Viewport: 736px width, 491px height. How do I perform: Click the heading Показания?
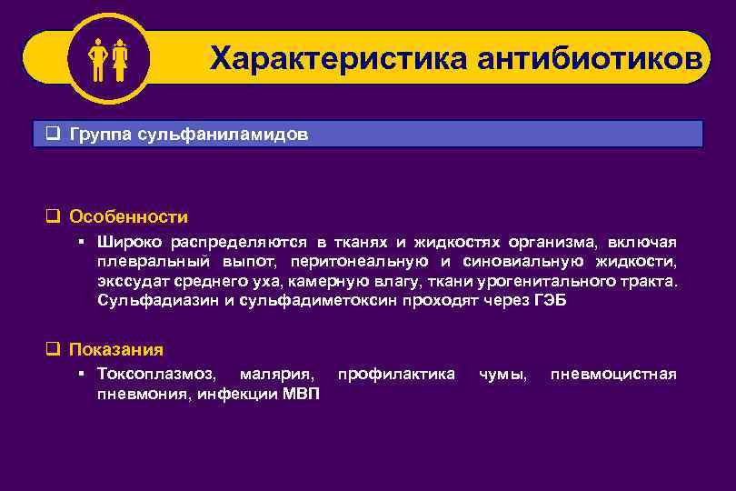point(116,349)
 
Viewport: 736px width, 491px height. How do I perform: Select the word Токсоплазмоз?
point(156,374)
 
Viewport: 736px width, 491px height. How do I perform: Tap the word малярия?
point(278,374)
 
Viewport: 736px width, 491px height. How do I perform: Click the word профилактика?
point(396,374)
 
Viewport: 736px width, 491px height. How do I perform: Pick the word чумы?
point(502,374)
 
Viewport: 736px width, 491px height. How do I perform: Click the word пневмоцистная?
point(613,374)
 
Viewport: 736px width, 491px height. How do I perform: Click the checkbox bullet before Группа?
point(53,135)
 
